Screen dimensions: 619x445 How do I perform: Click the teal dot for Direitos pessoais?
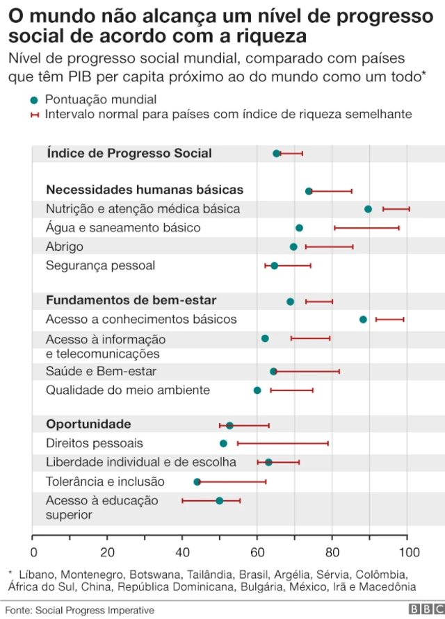[x=223, y=443]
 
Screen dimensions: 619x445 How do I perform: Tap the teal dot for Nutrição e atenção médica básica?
[x=368, y=209]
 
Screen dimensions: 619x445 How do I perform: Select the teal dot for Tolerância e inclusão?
[x=197, y=481]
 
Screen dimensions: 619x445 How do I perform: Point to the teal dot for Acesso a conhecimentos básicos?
[x=363, y=320]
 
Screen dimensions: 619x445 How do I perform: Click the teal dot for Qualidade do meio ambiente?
[x=257, y=390]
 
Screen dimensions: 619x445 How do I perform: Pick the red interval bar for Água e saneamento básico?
[x=366, y=228]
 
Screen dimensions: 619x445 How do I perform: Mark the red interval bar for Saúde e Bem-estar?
[x=306, y=372]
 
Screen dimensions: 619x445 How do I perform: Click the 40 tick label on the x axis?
[x=182, y=552]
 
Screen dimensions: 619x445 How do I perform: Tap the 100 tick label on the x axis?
[x=408, y=552]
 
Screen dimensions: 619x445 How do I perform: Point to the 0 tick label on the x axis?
[x=33, y=552]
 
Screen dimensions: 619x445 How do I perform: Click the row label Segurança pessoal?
[x=100, y=265]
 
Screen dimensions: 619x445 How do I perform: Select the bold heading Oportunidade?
[x=88, y=424]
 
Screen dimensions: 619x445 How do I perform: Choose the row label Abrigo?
[x=65, y=247]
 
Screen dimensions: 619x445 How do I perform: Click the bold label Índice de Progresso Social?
[x=129, y=154]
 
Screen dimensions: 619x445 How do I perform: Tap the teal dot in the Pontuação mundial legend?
[x=34, y=99]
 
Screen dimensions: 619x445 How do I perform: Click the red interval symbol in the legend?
[x=34, y=114]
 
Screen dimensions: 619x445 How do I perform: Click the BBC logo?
[x=423, y=609]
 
